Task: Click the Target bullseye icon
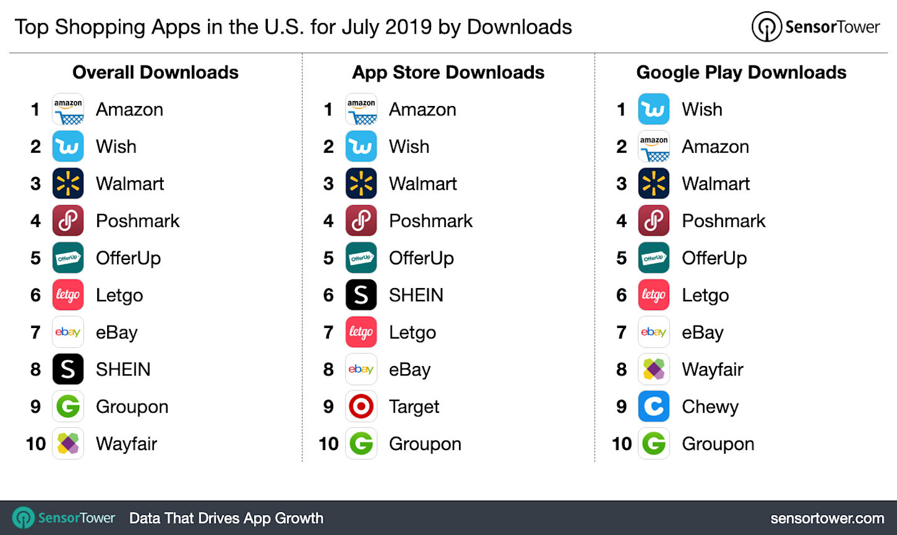tap(361, 407)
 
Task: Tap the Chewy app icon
tap(654, 407)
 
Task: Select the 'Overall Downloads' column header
tap(155, 72)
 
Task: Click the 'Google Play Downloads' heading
tap(741, 72)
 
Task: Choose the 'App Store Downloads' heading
tap(448, 72)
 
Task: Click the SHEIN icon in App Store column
tap(361, 295)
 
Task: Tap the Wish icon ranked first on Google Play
tap(654, 109)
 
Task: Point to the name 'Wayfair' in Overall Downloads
tap(126, 444)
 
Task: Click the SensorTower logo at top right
tap(815, 27)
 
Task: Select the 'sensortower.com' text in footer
tap(827, 518)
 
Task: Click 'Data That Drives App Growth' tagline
tap(226, 518)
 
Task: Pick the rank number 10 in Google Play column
tap(622, 444)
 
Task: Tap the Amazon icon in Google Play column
tap(654, 147)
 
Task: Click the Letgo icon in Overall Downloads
tap(68, 295)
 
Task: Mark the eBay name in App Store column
tap(409, 370)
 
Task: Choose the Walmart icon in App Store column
tap(361, 183)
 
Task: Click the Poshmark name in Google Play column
tap(723, 221)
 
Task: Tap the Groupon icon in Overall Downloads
tap(68, 407)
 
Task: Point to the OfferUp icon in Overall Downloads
tap(68, 258)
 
